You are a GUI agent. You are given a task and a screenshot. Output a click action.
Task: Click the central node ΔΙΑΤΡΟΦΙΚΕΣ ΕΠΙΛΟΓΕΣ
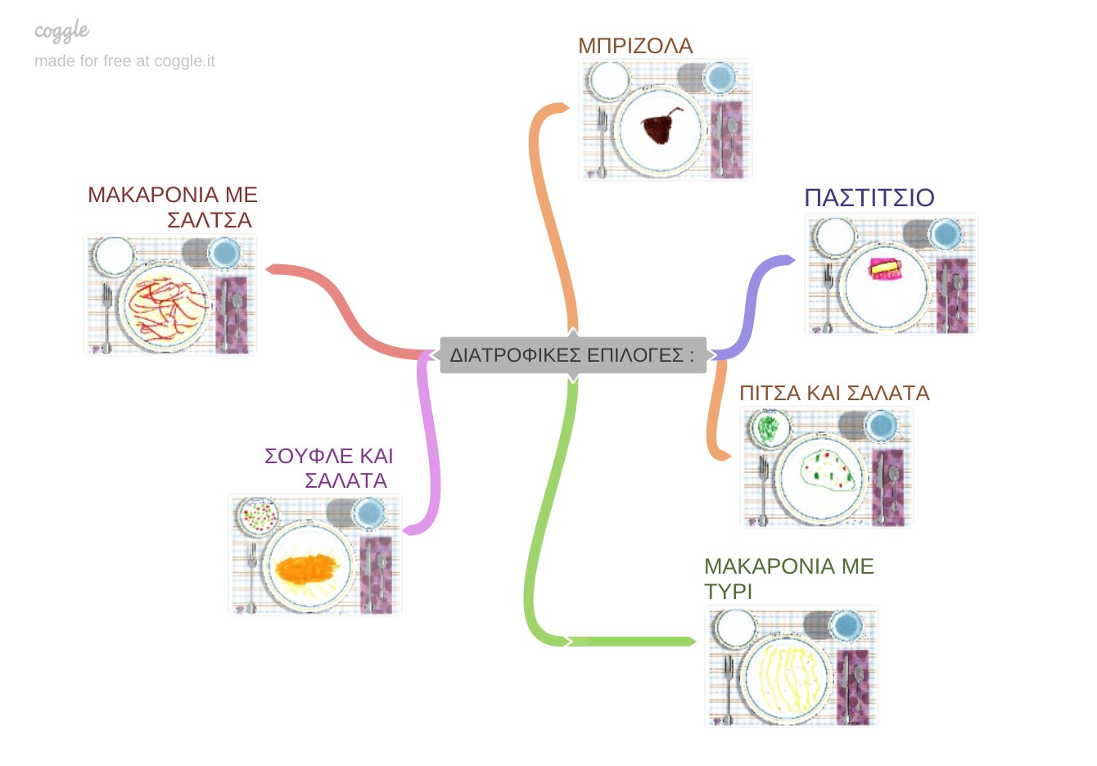572,355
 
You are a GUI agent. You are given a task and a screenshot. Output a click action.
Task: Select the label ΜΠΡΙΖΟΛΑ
635,46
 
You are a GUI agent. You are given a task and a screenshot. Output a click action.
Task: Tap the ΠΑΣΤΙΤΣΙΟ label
869,198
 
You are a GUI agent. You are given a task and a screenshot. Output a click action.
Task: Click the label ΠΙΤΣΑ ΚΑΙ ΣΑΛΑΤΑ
834,393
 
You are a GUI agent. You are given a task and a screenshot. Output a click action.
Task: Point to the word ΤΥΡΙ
728,592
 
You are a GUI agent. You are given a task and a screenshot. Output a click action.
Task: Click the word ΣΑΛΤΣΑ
210,220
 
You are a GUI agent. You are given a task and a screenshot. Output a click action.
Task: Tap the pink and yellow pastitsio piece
885,269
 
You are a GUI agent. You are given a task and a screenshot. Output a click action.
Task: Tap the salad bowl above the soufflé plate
258,516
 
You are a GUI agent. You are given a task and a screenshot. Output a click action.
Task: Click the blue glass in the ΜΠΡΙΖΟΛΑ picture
720,79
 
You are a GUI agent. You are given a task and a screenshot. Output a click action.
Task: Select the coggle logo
62,32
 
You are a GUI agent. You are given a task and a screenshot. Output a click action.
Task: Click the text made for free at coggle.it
124,61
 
